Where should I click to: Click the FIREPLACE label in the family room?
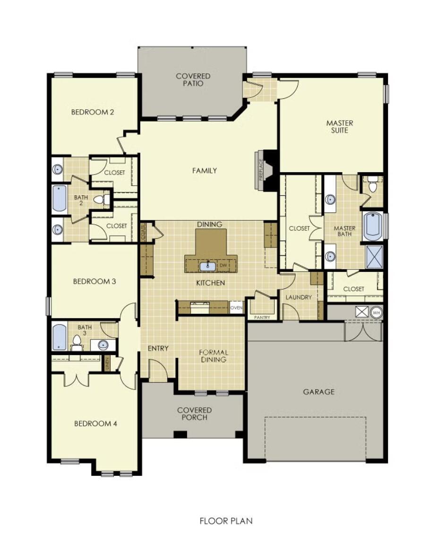coord(260,169)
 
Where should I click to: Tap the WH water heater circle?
coord(377,312)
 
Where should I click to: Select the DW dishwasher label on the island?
coord(223,266)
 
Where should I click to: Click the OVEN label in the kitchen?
coord(236,308)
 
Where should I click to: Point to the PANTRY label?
coord(262,317)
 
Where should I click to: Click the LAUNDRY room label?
coord(299,297)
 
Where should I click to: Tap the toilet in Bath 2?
coord(100,200)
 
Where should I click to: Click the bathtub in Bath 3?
coord(59,337)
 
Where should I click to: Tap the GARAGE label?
coord(319,392)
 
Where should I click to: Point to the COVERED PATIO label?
coord(193,79)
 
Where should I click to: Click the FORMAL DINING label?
coord(214,356)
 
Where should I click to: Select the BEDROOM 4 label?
coord(95,423)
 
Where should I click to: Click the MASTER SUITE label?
coord(339,126)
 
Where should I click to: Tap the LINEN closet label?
coord(107,363)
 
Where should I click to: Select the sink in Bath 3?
coord(103,345)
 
